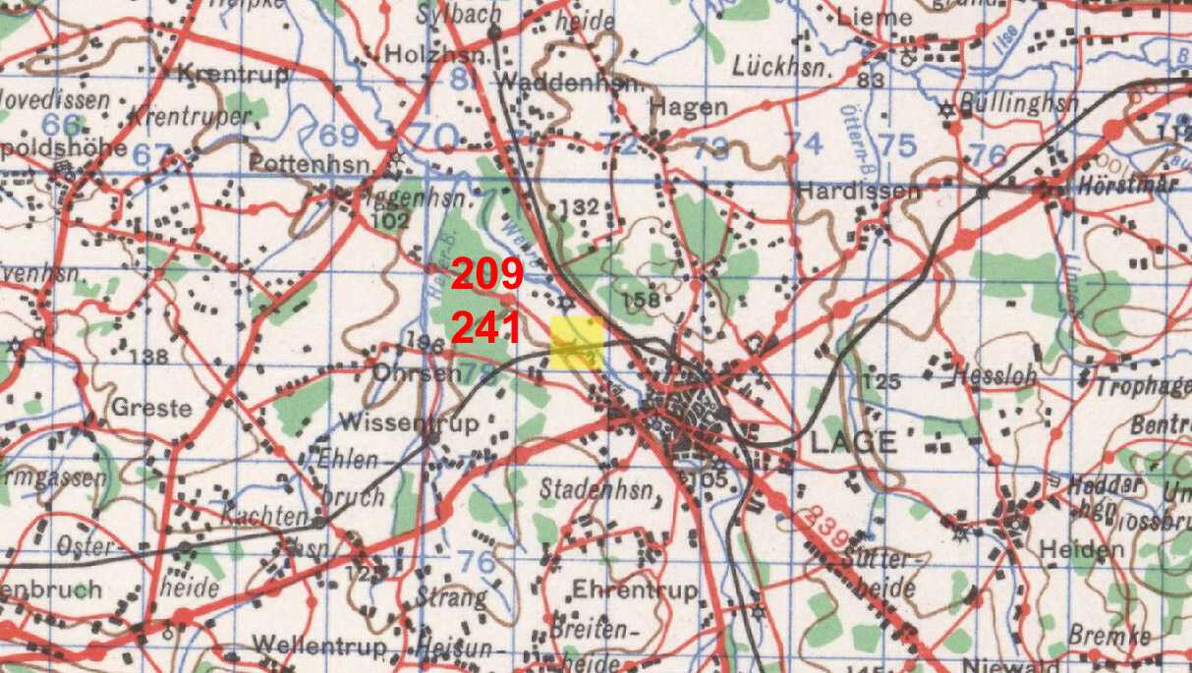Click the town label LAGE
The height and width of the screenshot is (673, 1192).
point(853,442)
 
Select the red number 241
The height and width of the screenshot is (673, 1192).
point(486,328)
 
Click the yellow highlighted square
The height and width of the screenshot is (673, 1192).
point(577,343)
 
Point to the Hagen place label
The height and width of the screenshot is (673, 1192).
point(689,107)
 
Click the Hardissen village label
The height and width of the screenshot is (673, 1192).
point(859,191)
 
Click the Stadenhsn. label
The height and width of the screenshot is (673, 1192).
point(598,487)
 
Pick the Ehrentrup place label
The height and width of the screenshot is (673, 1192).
point(635,589)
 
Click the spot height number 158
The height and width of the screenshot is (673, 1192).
point(641,298)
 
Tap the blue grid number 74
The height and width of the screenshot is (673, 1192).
point(805,143)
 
